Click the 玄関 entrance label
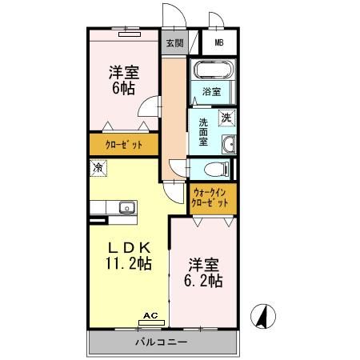174,43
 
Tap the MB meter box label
218,43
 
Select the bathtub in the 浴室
212,70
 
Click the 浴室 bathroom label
210,92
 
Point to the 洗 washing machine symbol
227,117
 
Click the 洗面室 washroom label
204,132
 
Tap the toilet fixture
212,169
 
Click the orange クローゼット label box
124,145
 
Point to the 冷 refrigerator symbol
98,169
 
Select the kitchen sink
126,208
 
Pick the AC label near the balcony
150,316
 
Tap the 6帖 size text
122,88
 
